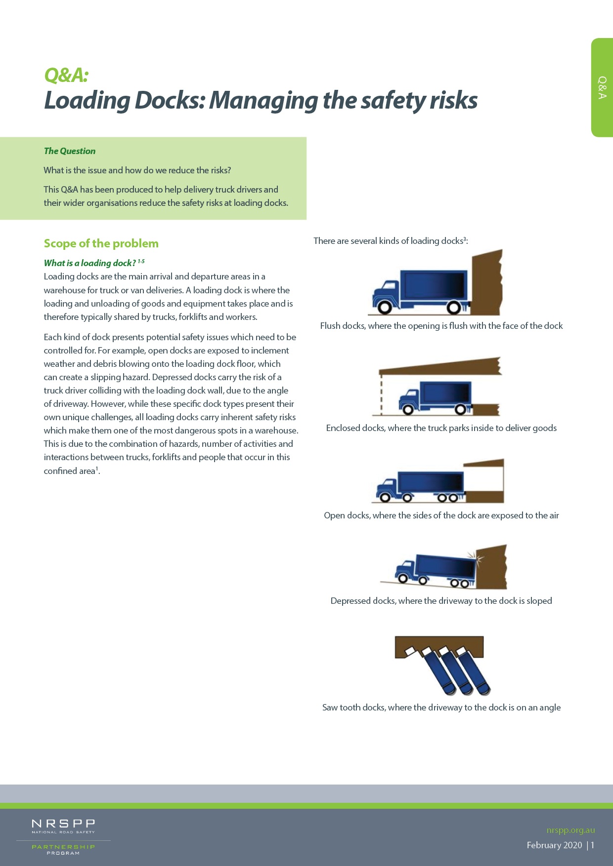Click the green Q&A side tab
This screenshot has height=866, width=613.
click(x=602, y=87)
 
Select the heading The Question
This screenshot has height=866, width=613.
click(x=70, y=151)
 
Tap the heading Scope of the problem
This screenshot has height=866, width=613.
click(x=101, y=243)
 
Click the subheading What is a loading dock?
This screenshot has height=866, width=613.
click(x=89, y=263)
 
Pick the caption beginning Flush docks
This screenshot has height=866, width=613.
click(x=441, y=326)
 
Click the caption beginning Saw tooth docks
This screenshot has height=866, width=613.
click(x=441, y=708)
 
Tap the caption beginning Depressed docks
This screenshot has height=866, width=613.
click(x=441, y=601)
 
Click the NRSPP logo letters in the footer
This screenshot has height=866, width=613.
click(x=63, y=824)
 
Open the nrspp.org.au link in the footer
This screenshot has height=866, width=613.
click(x=570, y=830)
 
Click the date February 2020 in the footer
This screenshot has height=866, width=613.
click(x=554, y=845)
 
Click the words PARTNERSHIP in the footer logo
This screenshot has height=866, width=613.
click(x=63, y=847)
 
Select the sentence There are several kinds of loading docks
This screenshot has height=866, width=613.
click(x=391, y=241)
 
